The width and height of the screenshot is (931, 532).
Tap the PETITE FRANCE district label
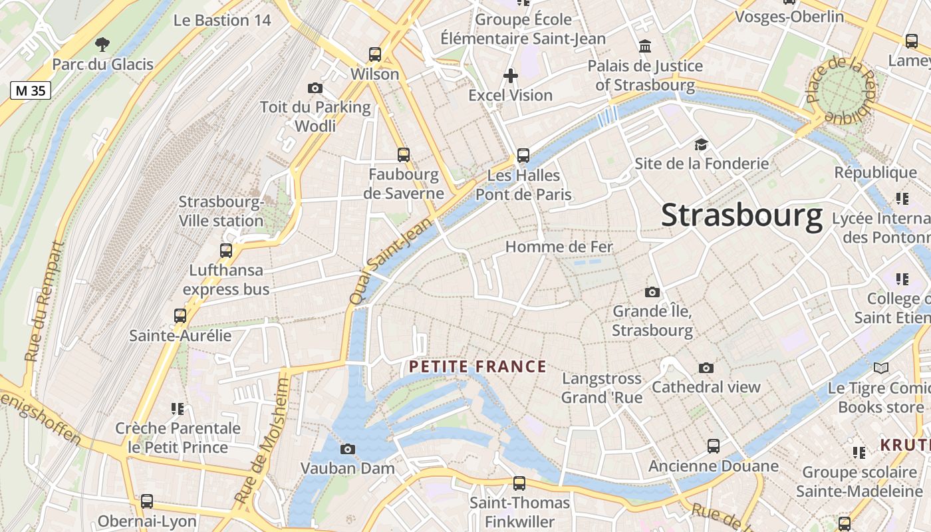click(x=477, y=366)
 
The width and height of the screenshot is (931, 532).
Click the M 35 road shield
click(x=31, y=90)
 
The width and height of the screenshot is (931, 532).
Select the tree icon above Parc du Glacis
click(x=102, y=45)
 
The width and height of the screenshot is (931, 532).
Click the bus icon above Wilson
click(x=375, y=55)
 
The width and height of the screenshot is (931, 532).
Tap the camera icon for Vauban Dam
click(x=347, y=450)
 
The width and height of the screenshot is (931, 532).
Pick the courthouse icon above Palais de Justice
click(x=644, y=47)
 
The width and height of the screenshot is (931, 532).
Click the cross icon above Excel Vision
click(x=510, y=76)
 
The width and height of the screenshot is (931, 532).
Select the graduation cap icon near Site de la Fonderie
click(x=701, y=144)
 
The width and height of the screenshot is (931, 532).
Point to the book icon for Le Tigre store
click(x=881, y=368)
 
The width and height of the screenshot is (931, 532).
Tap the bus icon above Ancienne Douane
click(x=714, y=446)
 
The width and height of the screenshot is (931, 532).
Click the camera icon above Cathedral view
click(x=706, y=368)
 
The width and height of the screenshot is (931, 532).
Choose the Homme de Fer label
click(x=559, y=247)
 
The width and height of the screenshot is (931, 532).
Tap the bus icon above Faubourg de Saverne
click(x=404, y=155)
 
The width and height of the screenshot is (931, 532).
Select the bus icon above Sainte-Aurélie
click(x=180, y=316)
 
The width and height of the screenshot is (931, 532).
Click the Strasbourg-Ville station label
click(x=221, y=211)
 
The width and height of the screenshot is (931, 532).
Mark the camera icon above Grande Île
click(x=652, y=292)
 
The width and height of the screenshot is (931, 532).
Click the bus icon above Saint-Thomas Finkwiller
click(x=519, y=483)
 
